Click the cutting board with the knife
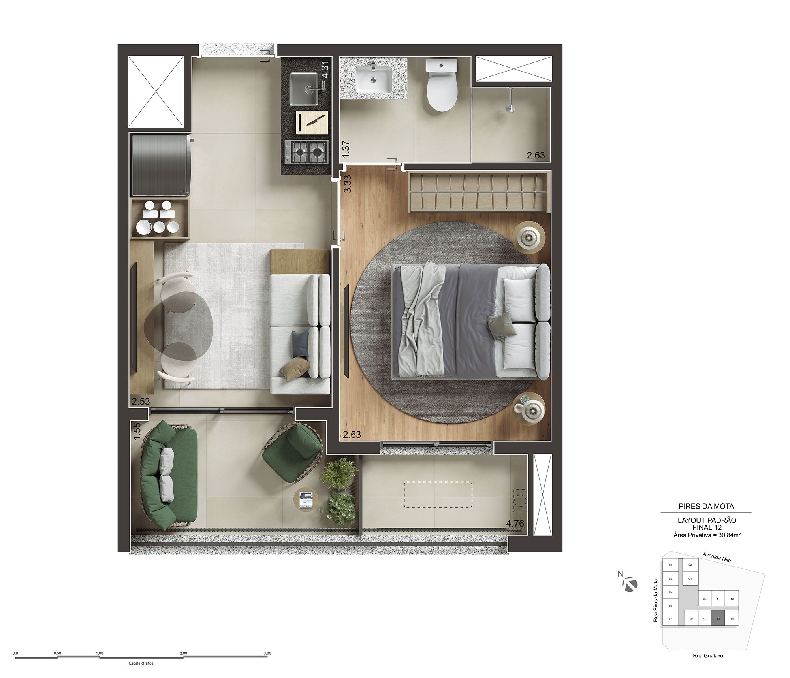(312, 122)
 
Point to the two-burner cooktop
(307, 152)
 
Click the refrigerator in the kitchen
(160, 165)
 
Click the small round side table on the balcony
(305, 500)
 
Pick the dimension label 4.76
(515, 523)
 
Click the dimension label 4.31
(325, 71)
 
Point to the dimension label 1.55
(137, 431)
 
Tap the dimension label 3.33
(347, 184)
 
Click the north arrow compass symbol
(630, 584)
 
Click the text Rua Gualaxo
(708, 655)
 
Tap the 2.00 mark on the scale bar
(183, 653)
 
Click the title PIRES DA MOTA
(706, 506)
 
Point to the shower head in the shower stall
(511, 100)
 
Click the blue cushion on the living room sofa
(300, 342)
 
